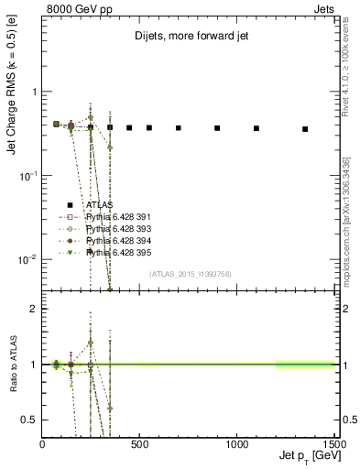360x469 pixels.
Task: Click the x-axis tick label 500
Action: tap(140, 444)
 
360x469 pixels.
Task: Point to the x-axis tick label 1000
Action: tap(237, 444)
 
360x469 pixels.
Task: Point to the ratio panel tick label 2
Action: tap(34, 309)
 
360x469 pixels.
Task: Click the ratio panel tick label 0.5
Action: tap(30, 420)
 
